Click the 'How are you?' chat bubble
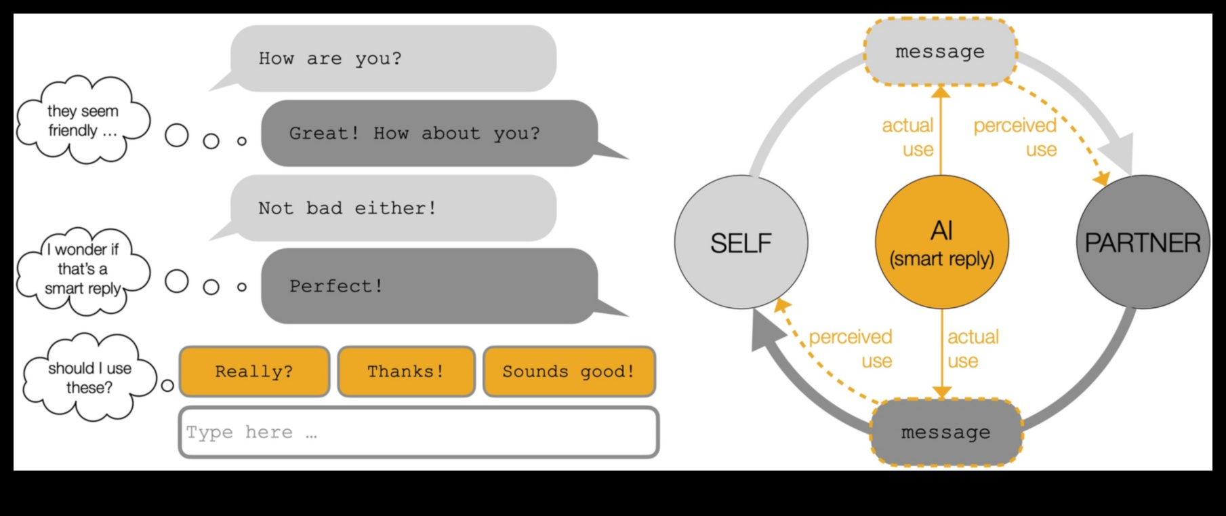393,58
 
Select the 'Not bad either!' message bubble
393,208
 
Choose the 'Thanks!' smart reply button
406,372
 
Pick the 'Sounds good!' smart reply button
569,372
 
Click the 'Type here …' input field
418,433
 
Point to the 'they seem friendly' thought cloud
83,121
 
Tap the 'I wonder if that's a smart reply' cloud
83,270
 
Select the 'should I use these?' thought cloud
89,378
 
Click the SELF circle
741,242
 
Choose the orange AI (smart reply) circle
941,242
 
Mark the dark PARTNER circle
1143,242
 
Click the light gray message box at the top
940,52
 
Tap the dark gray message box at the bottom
945,433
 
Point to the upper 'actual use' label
908,137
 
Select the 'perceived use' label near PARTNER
1015,137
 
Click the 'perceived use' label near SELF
851,349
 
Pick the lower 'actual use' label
973,349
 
